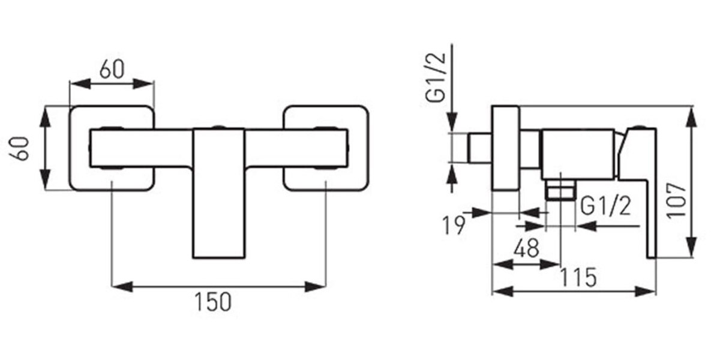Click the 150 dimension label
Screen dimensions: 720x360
pos(213,301)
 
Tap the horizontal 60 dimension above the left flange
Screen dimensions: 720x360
pos(112,69)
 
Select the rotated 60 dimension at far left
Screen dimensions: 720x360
pos(19,148)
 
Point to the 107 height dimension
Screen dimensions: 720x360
pos(676,201)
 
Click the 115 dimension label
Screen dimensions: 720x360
pos(578,277)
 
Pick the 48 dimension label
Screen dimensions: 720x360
pos(526,248)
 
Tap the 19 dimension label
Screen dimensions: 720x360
pos(454,226)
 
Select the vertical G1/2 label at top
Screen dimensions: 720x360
pos(436,77)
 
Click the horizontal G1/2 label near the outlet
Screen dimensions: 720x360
pos(605,206)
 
